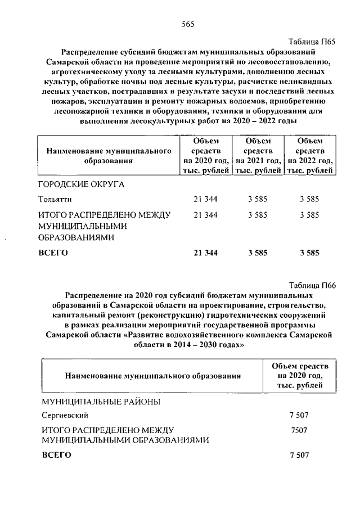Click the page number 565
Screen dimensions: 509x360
pos(187,24)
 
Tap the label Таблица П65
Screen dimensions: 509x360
pos(312,42)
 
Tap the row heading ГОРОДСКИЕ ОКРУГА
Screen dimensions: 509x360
pos(81,184)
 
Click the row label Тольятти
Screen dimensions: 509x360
pos(55,199)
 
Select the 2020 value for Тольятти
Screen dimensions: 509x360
pos(205,199)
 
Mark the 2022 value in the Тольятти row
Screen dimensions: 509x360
pos(310,199)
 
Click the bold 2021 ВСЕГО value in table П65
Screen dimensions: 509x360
pos(258,253)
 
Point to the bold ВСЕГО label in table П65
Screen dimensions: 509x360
pos(53,253)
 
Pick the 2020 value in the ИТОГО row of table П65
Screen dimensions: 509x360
pos(205,215)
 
